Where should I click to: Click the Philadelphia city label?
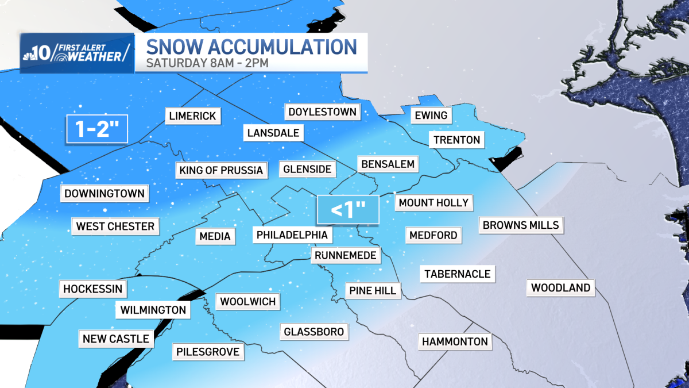tap(292, 235)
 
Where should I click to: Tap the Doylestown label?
tap(322, 112)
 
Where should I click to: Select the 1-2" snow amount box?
tap(96, 129)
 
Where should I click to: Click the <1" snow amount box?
tap(348, 210)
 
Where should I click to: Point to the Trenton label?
tap(456, 140)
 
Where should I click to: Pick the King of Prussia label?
tap(220, 170)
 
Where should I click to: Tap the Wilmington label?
tap(153, 310)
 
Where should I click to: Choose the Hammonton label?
tap(455, 341)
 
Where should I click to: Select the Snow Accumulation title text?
tap(251, 46)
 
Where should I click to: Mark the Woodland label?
tap(560, 288)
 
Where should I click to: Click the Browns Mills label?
tap(521, 225)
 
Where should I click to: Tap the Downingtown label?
tap(104, 194)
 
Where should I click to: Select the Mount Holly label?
tap(433, 202)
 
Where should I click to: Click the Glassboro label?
tap(313, 332)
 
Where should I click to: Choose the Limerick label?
tap(192, 116)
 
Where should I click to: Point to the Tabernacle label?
tap(457, 274)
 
